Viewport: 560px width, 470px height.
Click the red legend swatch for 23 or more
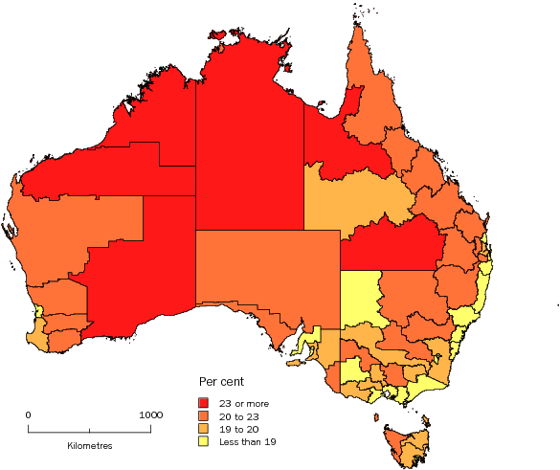click(204, 403)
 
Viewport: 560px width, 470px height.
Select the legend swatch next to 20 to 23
click(204, 416)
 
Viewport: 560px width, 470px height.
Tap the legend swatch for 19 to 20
click(204, 430)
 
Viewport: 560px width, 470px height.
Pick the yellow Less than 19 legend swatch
click(204, 443)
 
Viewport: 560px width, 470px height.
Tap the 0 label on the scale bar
click(29, 414)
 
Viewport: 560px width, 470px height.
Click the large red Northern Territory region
click(249, 144)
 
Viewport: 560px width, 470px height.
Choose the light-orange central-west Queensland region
click(354, 196)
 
